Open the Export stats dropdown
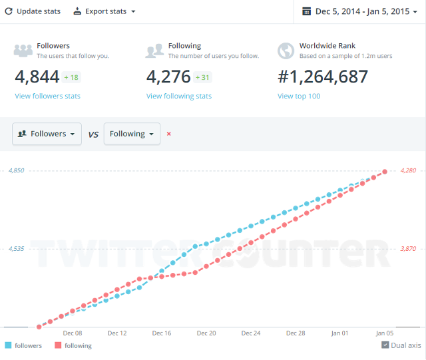click(104, 11)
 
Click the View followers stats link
click(47, 96)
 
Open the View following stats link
click(179, 96)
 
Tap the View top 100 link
click(299, 96)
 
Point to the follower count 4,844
click(37, 77)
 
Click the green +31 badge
click(203, 78)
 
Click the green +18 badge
click(71, 78)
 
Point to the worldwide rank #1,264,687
click(323, 77)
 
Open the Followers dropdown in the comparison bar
click(47, 134)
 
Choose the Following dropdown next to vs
click(132, 134)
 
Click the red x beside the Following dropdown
click(168, 134)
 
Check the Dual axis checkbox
click(385, 345)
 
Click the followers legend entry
click(23, 345)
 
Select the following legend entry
click(73, 345)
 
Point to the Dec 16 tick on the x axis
click(162, 333)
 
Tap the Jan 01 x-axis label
click(340, 333)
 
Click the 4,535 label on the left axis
click(16, 249)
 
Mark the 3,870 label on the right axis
click(408, 249)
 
